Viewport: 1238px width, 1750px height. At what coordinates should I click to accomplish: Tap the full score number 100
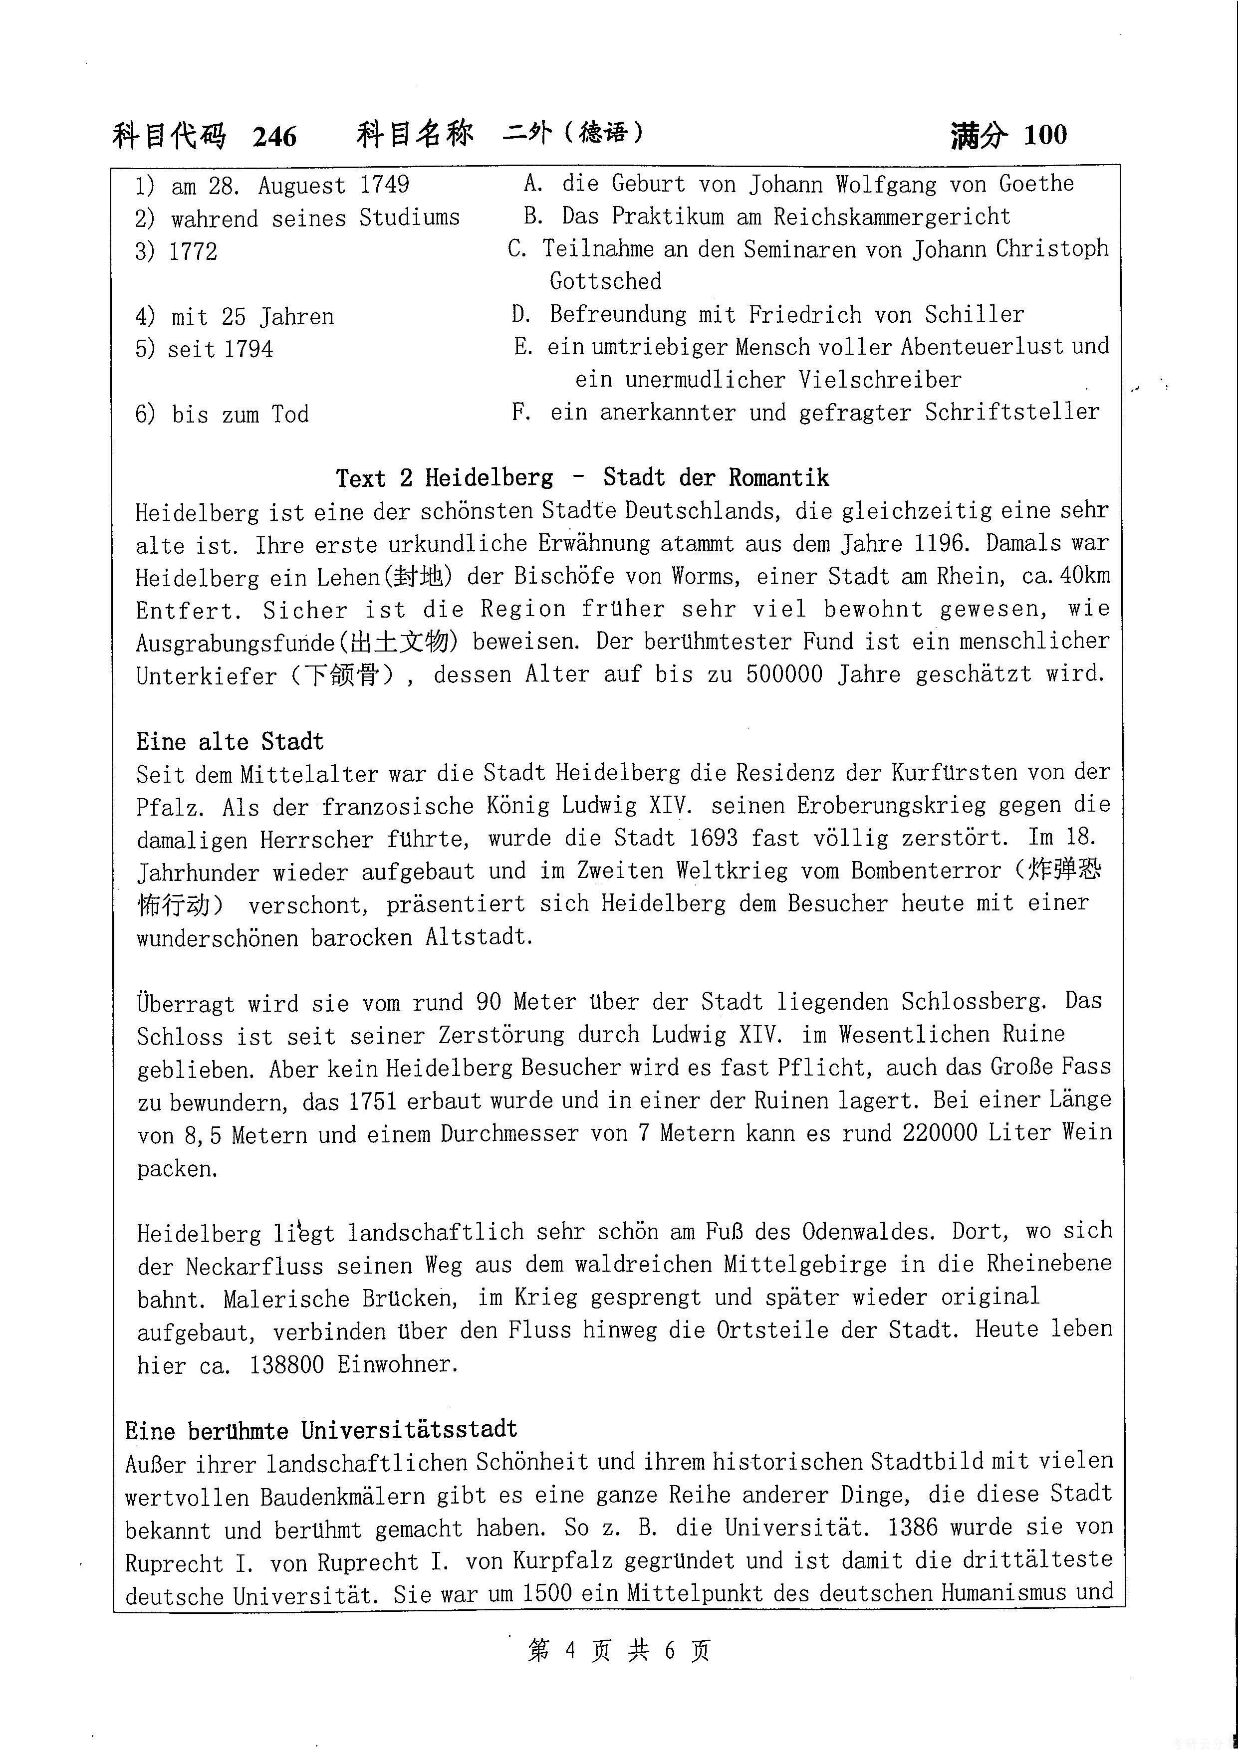(1045, 135)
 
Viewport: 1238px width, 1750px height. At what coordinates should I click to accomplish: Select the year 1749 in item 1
(384, 185)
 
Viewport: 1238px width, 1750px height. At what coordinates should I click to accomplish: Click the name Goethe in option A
(1036, 184)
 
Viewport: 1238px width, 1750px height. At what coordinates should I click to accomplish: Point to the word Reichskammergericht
(892, 217)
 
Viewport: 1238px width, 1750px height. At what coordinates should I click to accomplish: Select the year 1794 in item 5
(248, 350)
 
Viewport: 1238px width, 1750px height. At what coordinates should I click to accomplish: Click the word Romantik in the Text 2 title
(778, 478)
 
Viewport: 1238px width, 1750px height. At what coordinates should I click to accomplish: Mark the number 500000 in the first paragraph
(783, 674)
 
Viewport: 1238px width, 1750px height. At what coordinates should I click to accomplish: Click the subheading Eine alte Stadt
(230, 742)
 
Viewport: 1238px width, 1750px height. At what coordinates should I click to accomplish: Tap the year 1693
(713, 839)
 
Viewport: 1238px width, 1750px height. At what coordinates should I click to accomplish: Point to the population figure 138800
(286, 1364)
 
